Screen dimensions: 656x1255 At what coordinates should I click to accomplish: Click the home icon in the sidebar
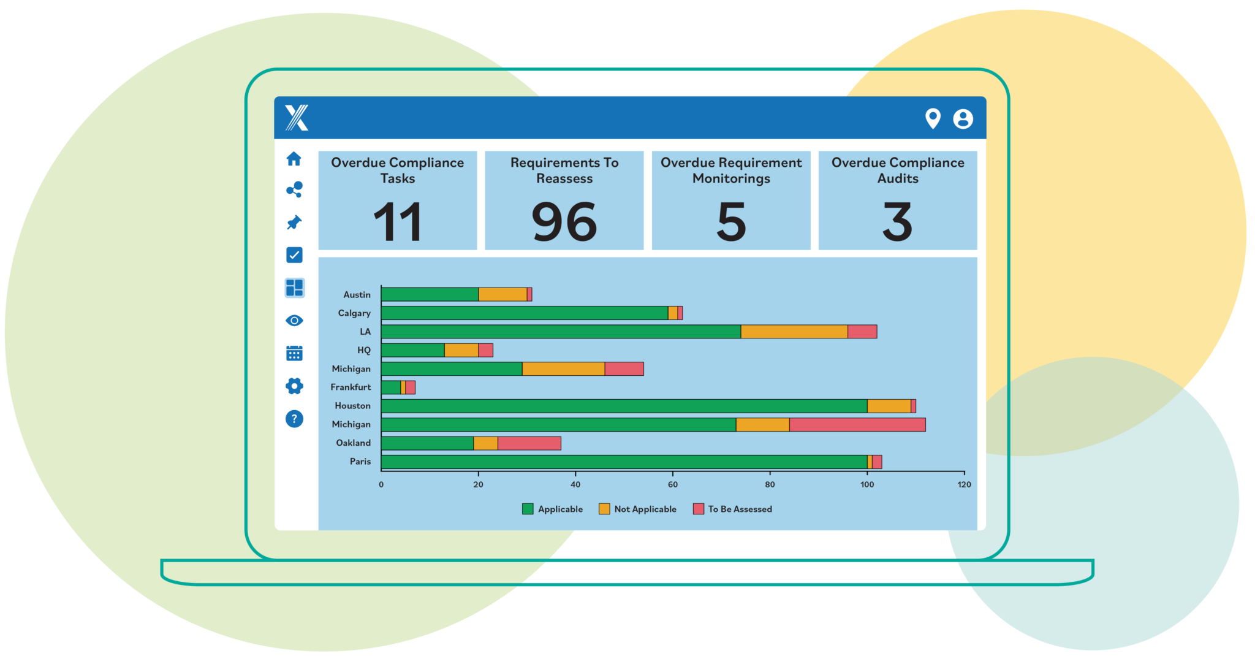pos(294,159)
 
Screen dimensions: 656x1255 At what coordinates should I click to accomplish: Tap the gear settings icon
pos(294,386)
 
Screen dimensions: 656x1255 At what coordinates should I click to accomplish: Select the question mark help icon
pos(294,419)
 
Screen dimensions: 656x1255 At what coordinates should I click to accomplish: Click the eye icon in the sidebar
pos(294,321)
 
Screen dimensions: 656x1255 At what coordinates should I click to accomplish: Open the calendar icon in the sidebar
pos(294,353)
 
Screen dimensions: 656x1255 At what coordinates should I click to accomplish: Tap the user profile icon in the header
pos(963,118)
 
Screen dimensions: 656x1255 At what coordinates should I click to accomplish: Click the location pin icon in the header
pos(933,118)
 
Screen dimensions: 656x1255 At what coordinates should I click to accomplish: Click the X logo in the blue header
pos(297,118)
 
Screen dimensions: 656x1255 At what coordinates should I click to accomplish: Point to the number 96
pos(564,221)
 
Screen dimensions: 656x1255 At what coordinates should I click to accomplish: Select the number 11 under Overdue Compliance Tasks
pos(398,221)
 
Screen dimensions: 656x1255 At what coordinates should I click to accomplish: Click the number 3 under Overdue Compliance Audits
pos(897,221)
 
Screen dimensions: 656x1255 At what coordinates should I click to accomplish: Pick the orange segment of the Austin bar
pos(502,294)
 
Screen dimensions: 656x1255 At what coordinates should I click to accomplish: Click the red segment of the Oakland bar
pos(529,443)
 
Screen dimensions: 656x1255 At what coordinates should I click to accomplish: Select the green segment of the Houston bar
pos(624,406)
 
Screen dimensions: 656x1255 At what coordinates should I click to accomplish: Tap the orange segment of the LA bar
pos(794,332)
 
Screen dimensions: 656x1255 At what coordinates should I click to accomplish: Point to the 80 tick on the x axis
pos(770,484)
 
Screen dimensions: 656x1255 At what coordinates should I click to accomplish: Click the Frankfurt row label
pos(351,387)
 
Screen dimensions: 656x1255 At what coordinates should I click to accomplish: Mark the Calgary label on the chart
pos(354,313)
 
